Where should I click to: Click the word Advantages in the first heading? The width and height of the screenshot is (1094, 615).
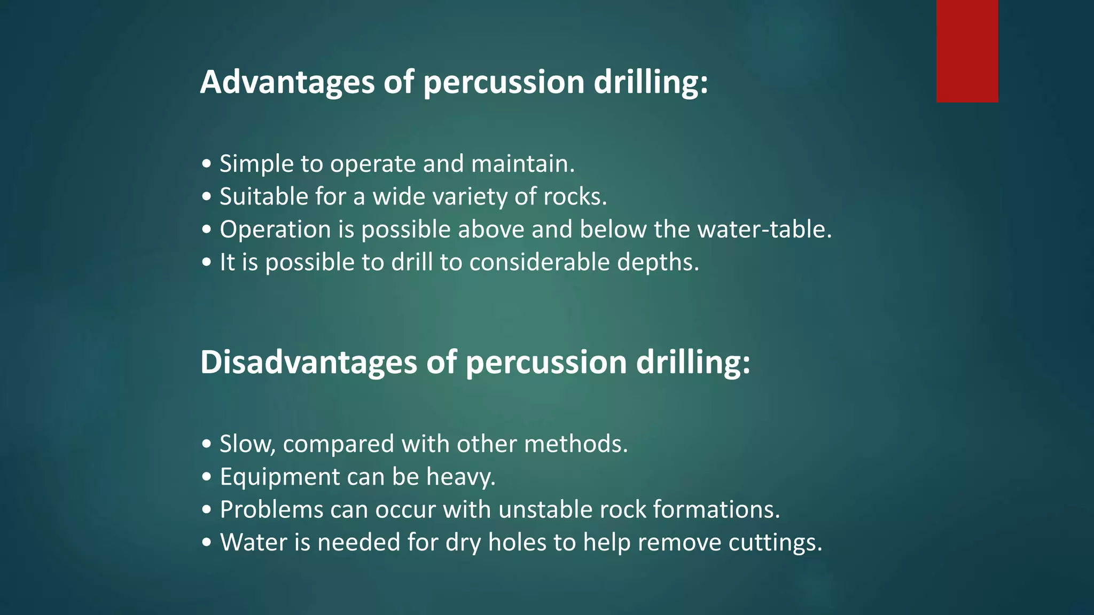click(287, 82)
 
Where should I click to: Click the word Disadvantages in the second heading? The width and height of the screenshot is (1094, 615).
click(308, 362)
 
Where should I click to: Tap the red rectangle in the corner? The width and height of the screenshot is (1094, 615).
click(967, 51)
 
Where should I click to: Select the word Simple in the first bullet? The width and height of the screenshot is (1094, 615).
click(256, 164)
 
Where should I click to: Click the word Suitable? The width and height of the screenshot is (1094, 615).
click(264, 197)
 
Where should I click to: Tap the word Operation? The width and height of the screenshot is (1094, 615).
click(275, 230)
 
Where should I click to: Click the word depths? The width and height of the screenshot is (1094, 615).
click(658, 263)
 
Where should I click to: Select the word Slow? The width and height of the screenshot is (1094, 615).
click(247, 444)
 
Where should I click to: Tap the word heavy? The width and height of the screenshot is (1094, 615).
click(460, 477)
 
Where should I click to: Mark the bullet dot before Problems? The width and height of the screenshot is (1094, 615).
click(207, 510)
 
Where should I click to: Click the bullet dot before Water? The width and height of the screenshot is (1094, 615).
click(207, 543)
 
